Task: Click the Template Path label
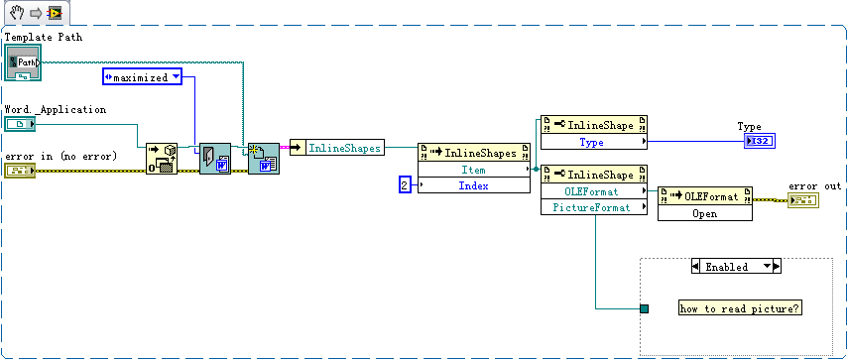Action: [x=44, y=38]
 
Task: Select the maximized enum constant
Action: [x=144, y=76]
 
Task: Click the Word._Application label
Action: [x=56, y=109]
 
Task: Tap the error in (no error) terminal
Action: [x=20, y=172]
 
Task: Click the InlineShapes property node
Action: [x=336, y=148]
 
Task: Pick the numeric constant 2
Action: [x=404, y=184]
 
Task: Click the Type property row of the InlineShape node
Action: [x=592, y=142]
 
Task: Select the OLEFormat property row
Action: [x=592, y=190]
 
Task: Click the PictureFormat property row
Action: [x=592, y=206]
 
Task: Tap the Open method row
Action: [x=704, y=212]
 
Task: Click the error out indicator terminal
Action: [x=802, y=200]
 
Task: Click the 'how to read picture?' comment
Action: [x=740, y=308]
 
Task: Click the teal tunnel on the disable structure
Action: [x=644, y=309]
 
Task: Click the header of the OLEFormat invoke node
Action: [x=704, y=195]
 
